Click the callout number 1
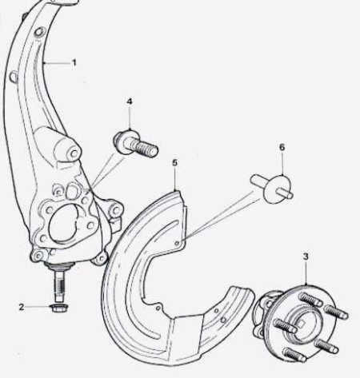74,63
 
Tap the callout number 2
22,307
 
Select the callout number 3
306,257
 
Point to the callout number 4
130,101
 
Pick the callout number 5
174,162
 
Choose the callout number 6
282,147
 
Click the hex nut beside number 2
59,308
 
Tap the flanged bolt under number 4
135,143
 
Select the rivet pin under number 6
272,188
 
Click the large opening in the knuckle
63,223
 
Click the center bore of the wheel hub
303,323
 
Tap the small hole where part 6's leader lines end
177,243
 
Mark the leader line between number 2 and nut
38,307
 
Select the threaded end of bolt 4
146,149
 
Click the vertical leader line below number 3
306,274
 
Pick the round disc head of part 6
277,189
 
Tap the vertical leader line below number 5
174,179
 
